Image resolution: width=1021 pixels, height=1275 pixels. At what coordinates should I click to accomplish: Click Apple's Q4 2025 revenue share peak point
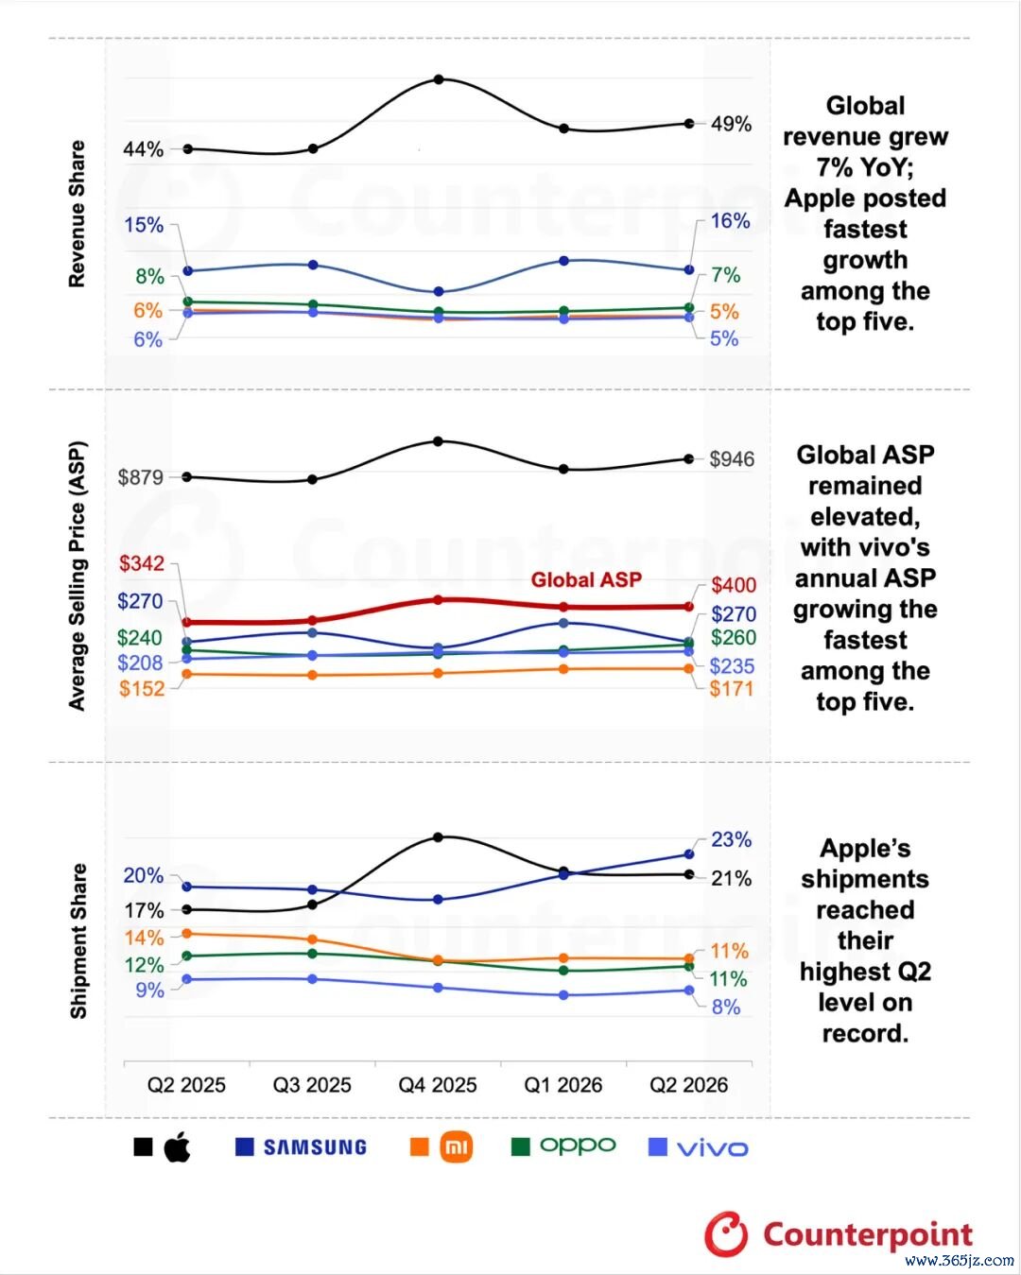click(439, 79)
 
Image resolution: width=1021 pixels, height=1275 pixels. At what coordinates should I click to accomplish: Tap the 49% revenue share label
click(731, 125)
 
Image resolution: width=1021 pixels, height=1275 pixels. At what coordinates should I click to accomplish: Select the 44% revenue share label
click(143, 149)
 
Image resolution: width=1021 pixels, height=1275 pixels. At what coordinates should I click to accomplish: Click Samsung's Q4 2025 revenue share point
click(439, 291)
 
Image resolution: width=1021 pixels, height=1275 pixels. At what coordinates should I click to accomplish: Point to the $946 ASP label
click(732, 458)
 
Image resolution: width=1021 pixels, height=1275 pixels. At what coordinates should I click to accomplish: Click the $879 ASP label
click(141, 477)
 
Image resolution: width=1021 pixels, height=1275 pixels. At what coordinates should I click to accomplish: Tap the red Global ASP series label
click(586, 579)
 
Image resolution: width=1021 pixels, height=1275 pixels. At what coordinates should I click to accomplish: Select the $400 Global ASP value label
click(734, 585)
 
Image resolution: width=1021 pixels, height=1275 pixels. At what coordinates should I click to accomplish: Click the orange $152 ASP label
click(142, 688)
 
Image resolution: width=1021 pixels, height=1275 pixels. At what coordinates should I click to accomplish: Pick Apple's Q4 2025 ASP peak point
click(438, 441)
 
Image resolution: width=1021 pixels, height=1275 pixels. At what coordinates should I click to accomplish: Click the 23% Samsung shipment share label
click(731, 839)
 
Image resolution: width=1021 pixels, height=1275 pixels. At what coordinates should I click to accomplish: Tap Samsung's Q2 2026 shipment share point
click(688, 854)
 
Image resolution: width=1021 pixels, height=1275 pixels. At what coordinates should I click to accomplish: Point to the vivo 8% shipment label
click(726, 1008)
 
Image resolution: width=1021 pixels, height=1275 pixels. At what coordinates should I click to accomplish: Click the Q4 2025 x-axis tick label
click(438, 1085)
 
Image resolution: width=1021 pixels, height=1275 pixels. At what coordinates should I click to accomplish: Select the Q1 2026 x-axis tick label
click(562, 1085)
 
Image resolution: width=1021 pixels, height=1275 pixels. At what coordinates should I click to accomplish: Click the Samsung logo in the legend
click(315, 1147)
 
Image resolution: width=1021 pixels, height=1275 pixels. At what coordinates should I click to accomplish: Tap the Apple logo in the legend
click(177, 1146)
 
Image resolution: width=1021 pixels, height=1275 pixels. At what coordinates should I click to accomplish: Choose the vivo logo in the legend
click(712, 1148)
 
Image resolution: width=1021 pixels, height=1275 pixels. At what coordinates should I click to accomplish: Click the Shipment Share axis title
click(78, 941)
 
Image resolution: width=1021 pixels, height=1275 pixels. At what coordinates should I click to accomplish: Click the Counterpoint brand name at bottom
click(868, 1234)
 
